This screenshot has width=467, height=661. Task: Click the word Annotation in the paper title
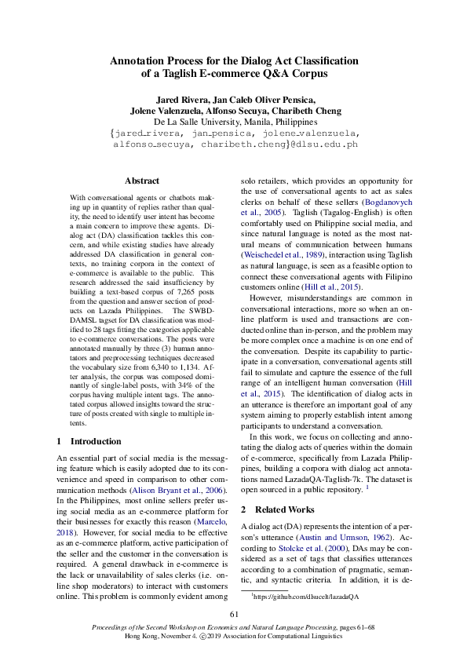(140, 60)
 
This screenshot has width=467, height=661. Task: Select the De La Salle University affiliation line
(235, 122)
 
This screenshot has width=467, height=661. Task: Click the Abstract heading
(142, 181)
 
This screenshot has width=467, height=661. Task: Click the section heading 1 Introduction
(89, 441)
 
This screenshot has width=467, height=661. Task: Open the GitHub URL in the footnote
(306, 597)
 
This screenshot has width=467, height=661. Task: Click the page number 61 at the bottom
(233, 614)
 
